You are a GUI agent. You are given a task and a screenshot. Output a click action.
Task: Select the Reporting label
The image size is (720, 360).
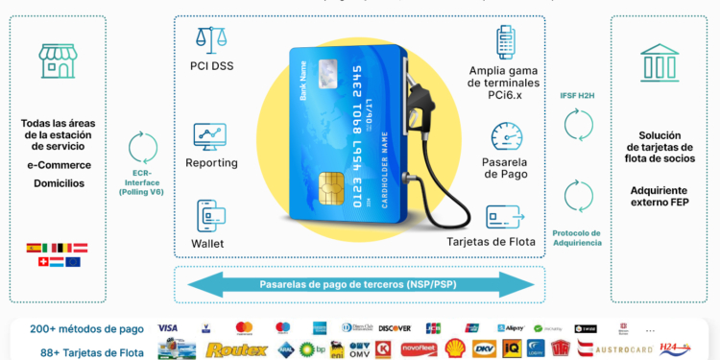[x=212, y=163]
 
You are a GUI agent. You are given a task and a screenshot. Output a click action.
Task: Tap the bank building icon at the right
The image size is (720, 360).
[x=660, y=58]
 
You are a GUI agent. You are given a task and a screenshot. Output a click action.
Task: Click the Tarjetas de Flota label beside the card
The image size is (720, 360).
[x=490, y=241]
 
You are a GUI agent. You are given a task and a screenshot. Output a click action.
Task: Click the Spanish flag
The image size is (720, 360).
[x=34, y=248]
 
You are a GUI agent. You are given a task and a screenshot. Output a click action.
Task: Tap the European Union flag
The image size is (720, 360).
[x=73, y=262]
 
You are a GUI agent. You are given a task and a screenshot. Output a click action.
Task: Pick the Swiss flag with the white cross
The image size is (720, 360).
[x=34, y=262]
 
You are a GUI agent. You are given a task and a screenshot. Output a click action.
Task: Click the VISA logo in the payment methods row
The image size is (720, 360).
[x=168, y=327]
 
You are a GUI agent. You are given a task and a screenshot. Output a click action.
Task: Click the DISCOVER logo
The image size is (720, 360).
[x=395, y=328]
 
